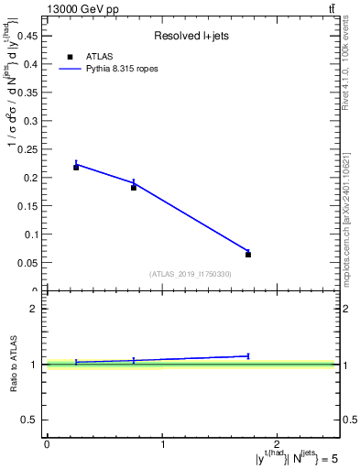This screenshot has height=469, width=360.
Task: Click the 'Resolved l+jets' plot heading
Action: [x=191, y=36]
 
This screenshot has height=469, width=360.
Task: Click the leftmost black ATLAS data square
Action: [x=76, y=167]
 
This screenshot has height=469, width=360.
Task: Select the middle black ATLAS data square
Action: [x=134, y=187]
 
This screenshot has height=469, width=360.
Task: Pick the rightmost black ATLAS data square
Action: [x=248, y=255]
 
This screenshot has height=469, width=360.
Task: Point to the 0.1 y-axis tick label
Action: [x=31, y=234]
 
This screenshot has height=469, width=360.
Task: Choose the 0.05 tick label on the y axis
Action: [x=28, y=263]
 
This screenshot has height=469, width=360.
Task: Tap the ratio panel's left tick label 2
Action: [x=34, y=309]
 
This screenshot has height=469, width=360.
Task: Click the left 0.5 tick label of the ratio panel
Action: [x=30, y=420]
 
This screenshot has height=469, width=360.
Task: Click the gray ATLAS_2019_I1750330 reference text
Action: [x=191, y=274]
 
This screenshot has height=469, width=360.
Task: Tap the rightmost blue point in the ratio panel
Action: [x=248, y=355]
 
